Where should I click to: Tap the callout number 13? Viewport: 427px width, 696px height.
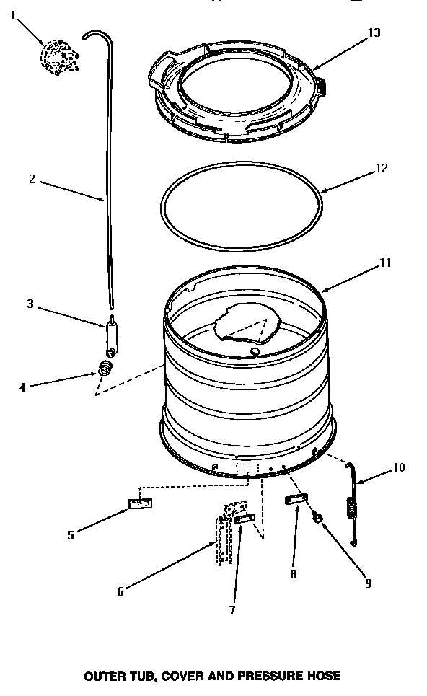pos(374,33)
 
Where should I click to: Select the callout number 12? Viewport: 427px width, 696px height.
pos(382,169)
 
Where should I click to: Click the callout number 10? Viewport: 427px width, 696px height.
pos(398,468)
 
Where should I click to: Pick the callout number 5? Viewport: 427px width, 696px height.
pos(71,534)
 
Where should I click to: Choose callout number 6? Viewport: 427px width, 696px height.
pos(120,592)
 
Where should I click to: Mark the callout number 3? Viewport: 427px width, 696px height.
pos(30,304)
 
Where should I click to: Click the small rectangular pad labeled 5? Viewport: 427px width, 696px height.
pos(141,503)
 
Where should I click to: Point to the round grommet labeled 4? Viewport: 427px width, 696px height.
pos(106,371)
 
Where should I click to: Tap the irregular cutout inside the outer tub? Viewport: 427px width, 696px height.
pos(245,326)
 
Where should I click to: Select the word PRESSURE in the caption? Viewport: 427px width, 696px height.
pos(263,676)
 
